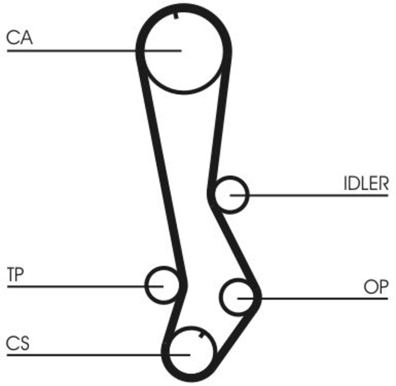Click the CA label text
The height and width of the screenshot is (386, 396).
coord(20,38)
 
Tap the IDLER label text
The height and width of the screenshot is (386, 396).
coord(366,183)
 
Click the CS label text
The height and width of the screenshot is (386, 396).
coord(18,343)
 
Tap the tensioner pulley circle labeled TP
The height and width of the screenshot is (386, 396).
coord(146,285)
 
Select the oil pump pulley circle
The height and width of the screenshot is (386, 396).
coord(220,297)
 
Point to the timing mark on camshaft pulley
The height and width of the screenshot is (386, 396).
coord(176,16)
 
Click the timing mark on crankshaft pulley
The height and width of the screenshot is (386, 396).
coord(201,335)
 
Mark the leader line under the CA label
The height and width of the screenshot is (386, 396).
coord(94,51)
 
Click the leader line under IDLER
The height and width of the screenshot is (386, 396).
coord(309,195)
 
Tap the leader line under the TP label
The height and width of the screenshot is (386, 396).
coord(85,286)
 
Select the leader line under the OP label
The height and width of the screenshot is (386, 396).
coord(313,298)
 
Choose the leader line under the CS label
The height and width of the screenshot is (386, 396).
coord(98,355)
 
